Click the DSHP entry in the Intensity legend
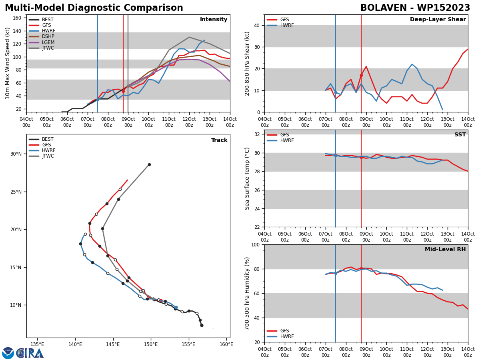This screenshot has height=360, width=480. pos(42,36)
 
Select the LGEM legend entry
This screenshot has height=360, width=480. pos(42,42)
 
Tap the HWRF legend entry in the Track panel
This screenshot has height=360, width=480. pos(42,150)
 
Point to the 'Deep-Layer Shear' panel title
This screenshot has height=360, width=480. pos(438,20)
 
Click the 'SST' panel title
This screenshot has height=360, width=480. pos(460,134)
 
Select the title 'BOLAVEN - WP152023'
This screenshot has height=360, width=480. pos(415,8)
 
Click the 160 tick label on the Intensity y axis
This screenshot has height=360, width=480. pos(17,18)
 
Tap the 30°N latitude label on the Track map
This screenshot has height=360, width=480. pos(16,154)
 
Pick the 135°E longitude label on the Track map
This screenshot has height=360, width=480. pos(37,344)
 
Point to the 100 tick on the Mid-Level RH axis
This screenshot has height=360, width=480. pos(255,244)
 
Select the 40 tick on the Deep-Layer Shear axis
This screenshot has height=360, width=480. pos(256,25)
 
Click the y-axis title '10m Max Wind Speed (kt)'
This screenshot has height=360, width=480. pos(7,63)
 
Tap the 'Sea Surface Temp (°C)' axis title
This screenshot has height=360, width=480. pos(247,178)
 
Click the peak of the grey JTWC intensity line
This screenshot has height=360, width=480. pos(189,37)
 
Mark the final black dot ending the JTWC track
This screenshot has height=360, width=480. pos(149,164)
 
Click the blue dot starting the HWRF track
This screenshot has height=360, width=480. pos(176,307)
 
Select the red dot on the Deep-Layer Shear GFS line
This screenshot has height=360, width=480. pos(361,76)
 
